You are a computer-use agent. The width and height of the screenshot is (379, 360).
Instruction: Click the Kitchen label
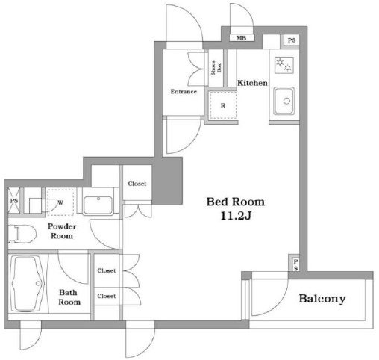tap(252, 83)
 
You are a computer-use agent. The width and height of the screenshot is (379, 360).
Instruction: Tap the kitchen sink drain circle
tap(286, 101)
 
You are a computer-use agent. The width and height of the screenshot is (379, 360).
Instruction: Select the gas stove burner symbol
tap(284, 65)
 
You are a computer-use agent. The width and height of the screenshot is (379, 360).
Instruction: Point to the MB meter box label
tap(241, 38)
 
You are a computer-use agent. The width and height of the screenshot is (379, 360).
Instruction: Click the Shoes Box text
tap(216, 68)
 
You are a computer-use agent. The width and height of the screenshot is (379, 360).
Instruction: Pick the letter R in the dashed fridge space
tap(223, 105)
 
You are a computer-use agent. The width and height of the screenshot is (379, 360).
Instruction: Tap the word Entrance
tap(184, 92)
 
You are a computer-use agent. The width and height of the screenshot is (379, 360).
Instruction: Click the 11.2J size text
tap(236, 216)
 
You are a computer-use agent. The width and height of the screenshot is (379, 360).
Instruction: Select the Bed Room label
tap(236, 202)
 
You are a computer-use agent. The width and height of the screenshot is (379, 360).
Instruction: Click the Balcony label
tap(322, 299)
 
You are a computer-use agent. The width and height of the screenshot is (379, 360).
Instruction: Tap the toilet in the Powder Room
tap(22, 234)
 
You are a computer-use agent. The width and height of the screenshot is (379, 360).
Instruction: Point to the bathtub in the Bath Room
tap(28, 284)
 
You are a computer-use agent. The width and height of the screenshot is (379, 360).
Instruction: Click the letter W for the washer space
tap(60, 202)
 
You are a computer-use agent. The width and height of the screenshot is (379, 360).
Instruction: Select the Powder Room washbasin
tap(98, 205)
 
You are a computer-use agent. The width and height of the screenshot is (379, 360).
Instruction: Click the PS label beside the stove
tap(292, 40)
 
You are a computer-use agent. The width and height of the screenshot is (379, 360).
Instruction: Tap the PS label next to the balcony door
tap(295, 265)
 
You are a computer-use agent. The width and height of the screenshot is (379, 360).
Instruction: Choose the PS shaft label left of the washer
tap(14, 201)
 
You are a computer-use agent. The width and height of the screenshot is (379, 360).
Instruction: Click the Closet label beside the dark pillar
tap(137, 184)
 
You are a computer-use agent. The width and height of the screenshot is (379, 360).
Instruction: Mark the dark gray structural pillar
tap(167, 181)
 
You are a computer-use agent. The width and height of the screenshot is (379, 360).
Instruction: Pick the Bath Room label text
tap(69, 297)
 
